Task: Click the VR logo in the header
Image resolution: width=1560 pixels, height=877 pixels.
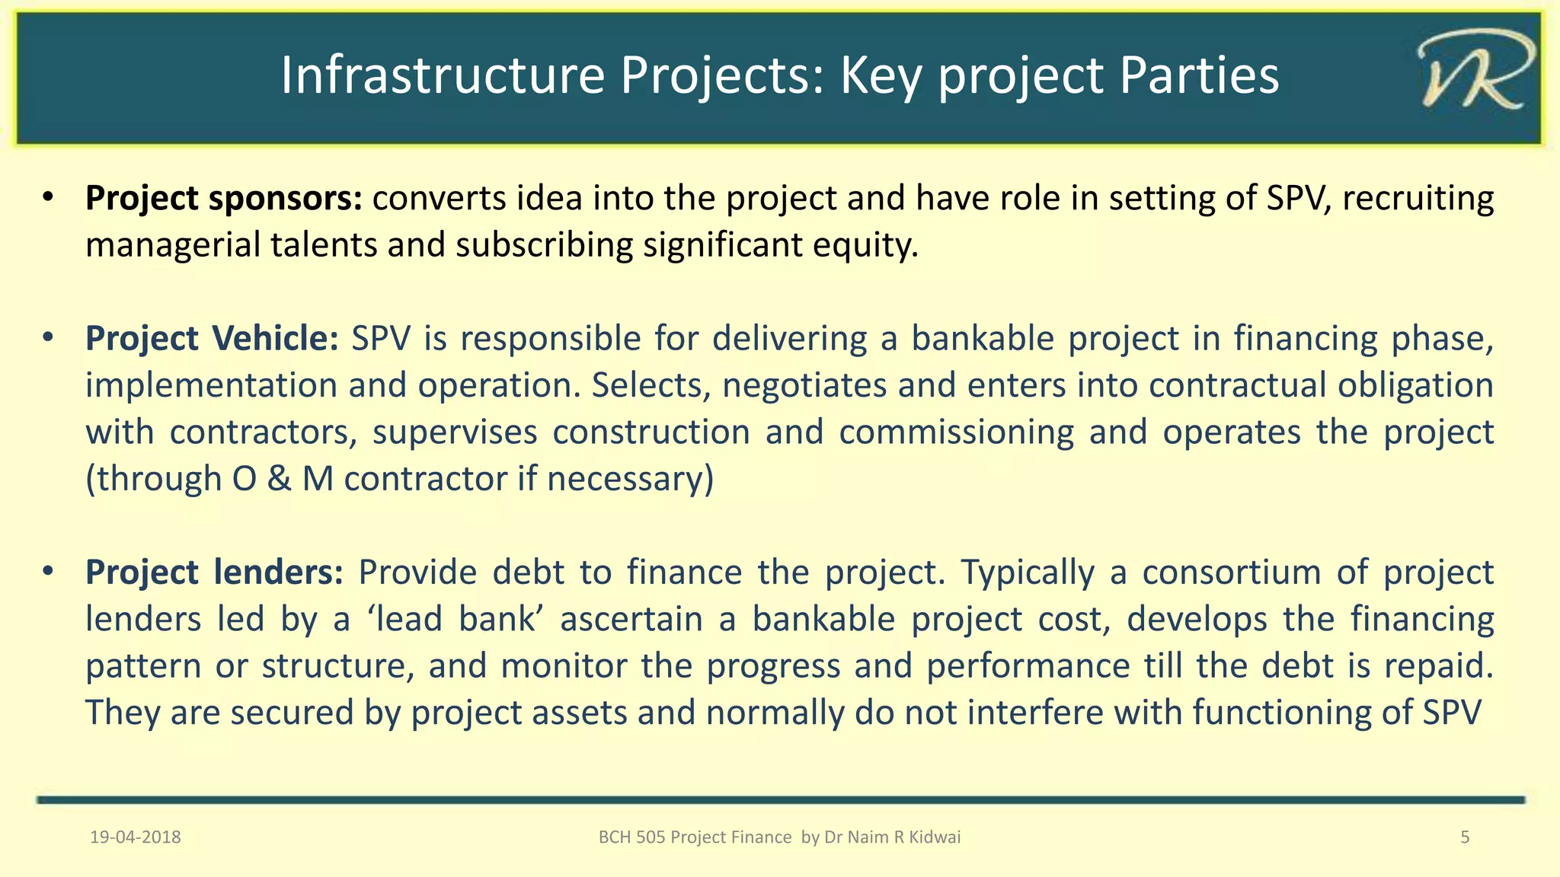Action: point(1473,75)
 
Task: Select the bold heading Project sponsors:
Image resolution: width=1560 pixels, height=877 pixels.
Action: point(224,199)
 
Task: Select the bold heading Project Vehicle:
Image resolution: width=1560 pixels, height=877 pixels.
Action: point(212,339)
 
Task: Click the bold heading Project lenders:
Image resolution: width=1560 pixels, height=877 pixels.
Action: point(215,572)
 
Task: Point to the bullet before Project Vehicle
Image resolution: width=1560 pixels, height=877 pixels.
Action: point(48,337)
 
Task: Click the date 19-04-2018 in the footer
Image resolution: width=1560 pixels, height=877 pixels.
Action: point(136,837)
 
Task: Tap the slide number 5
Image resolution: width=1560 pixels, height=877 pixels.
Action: point(1464,837)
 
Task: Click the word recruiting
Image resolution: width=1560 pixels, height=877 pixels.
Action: point(1418,199)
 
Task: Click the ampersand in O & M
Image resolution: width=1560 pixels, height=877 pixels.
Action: point(280,480)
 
